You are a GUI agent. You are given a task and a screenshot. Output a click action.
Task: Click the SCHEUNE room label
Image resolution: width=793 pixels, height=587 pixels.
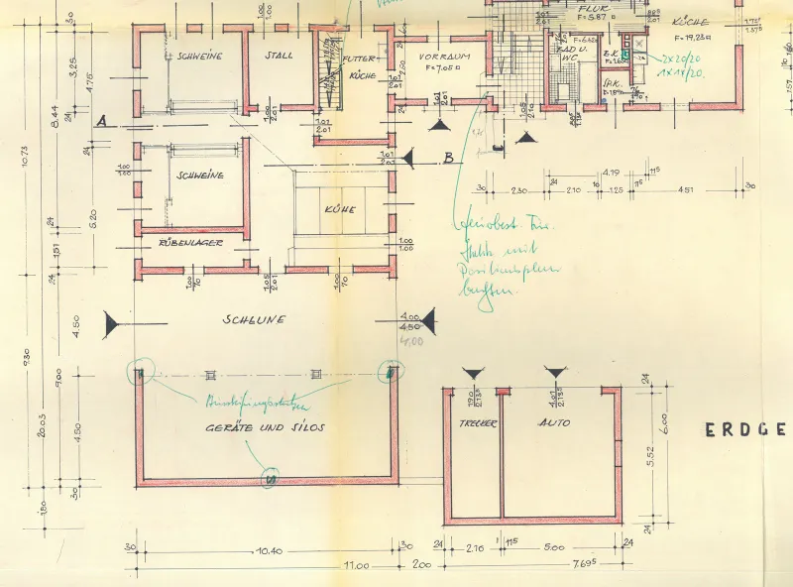coord(254,320)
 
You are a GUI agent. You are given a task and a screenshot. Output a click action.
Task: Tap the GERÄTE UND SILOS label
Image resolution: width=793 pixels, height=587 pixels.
coord(266,426)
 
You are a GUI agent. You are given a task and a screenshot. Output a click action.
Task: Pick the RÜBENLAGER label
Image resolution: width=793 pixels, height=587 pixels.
coord(190,242)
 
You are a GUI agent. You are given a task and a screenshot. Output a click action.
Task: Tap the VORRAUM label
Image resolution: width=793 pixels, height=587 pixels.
coord(443,58)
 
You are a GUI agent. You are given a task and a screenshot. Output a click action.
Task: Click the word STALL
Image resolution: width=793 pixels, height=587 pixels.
coord(279,56)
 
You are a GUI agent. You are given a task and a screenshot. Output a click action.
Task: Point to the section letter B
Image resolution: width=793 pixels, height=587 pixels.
coord(448,158)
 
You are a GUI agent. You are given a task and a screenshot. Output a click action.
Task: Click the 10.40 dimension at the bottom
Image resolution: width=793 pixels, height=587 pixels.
coord(269,550)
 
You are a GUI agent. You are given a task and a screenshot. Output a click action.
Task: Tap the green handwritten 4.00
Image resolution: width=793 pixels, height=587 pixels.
coord(410,341)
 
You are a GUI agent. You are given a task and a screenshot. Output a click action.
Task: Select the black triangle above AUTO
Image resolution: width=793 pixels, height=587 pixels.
coord(554,372)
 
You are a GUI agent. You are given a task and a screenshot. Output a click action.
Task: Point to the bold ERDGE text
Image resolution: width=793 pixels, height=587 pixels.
coord(746,430)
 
